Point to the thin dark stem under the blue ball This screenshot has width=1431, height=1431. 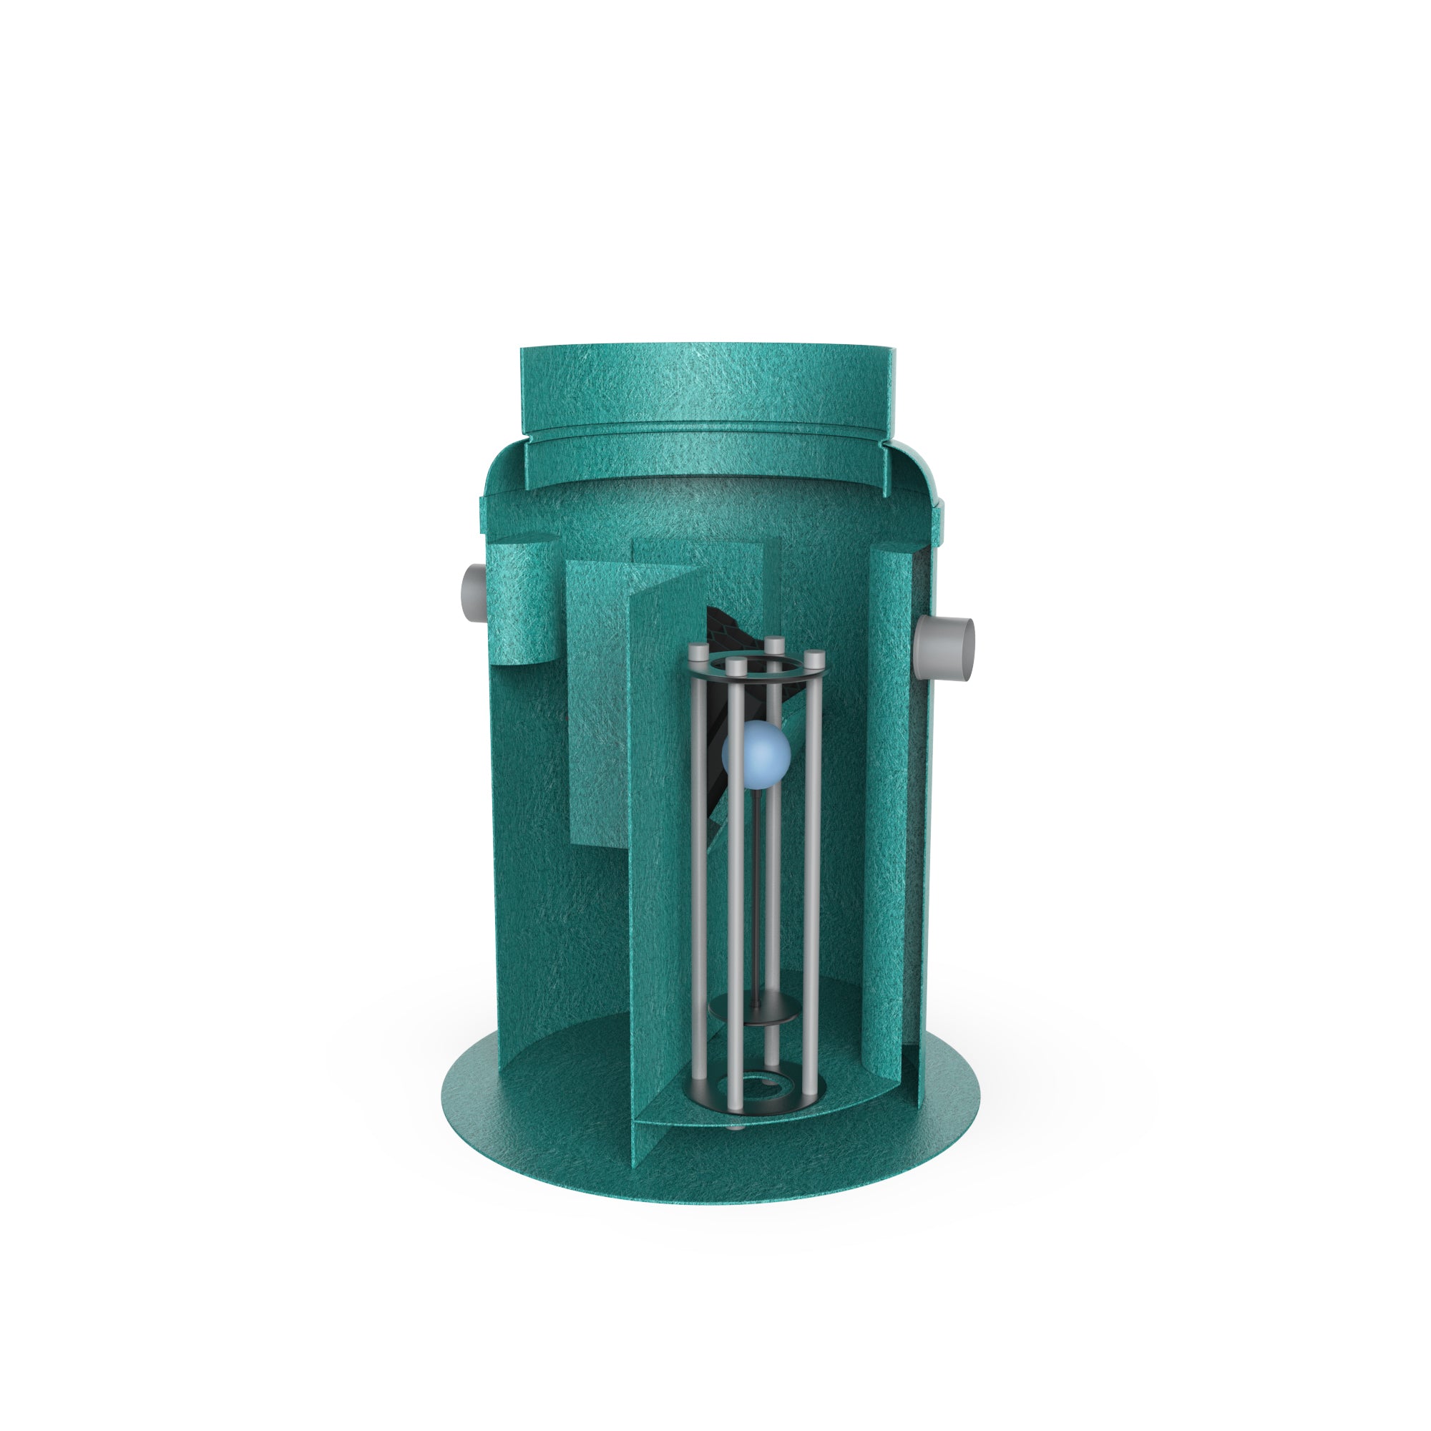click(755, 889)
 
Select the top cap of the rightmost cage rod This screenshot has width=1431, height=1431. click(814, 657)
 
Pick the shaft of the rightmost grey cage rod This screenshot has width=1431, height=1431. click(814, 889)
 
